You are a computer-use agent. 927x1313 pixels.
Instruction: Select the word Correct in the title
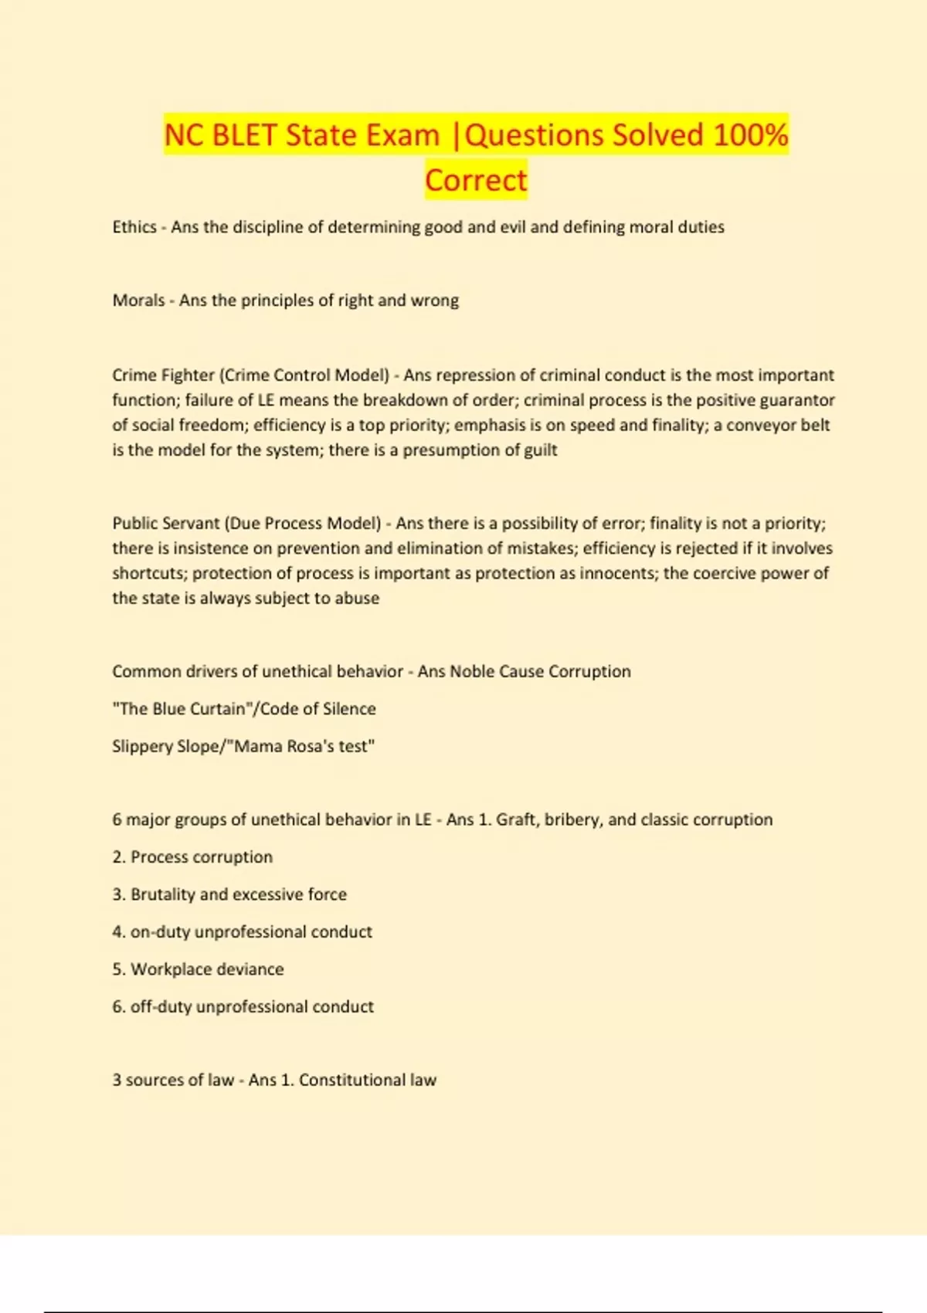click(476, 180)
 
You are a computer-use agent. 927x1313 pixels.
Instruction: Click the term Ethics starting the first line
click(134, 227)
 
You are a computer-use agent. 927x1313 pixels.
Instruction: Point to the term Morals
click(138, 300)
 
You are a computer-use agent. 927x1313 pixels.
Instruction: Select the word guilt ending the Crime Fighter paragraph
click(540, 450)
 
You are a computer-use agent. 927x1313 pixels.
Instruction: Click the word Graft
click(515, 819)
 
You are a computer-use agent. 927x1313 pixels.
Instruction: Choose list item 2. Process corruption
click(193, 857)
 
